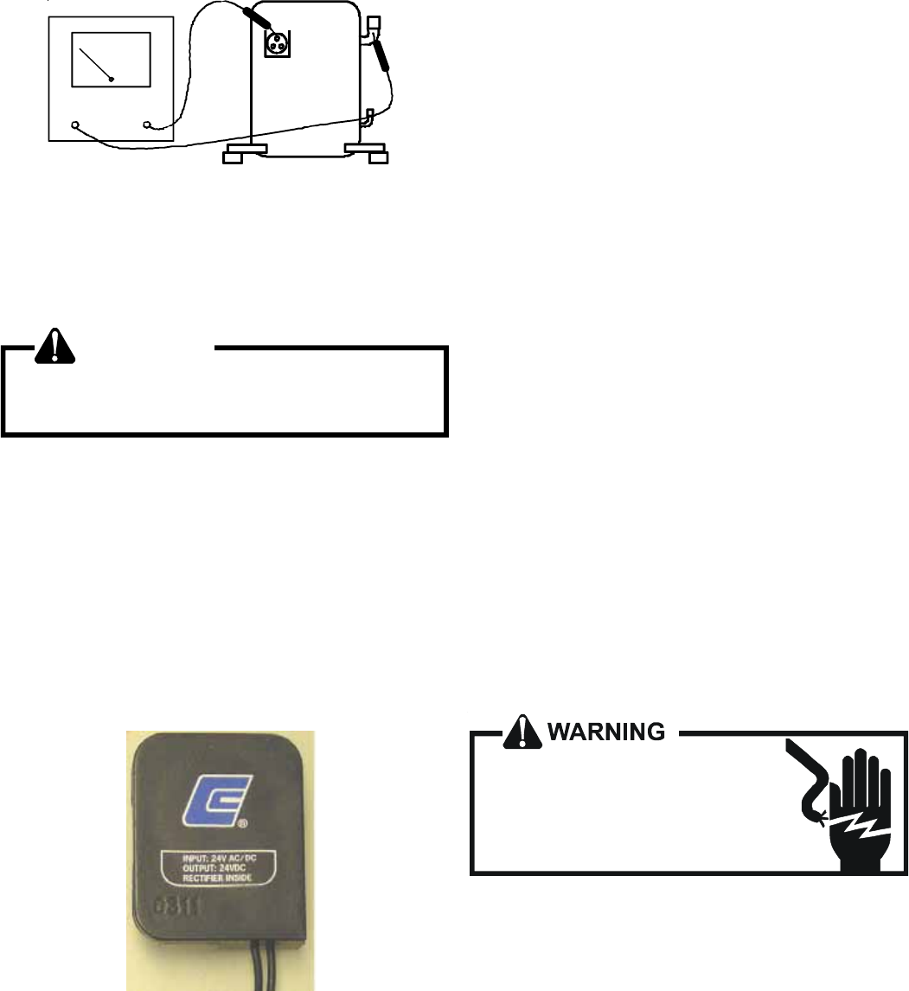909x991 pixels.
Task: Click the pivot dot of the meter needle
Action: (112, 80)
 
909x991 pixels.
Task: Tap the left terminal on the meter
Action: (75, 125)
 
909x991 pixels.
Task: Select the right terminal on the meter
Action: (147, 125)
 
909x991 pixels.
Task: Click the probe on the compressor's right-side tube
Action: (381, 55)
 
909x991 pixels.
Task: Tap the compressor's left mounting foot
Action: (246, 155)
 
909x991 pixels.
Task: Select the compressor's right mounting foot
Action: (367, 155)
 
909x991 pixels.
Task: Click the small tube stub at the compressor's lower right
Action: (369, 116)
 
